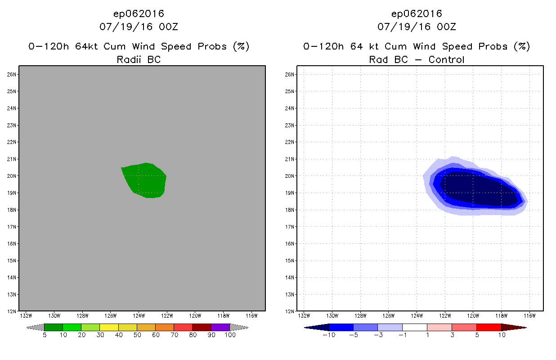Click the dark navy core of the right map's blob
[477, 189]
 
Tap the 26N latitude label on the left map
[13, 74]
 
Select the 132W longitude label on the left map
[26, 315]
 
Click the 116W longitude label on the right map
[529, 315]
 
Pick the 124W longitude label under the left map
[139, 315]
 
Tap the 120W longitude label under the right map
[473, 315]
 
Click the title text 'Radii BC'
[139, 59]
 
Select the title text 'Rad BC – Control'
[417, 59]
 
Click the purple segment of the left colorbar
[220, 327]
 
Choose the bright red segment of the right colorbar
[489, 327]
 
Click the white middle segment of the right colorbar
[414, 327]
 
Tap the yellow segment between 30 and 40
[109, 327]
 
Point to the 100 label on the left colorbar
[230, 335]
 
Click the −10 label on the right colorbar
[328, 335]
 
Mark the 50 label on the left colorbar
[137, 335]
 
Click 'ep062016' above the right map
[417, 13]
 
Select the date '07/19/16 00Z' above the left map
[139, 27]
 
